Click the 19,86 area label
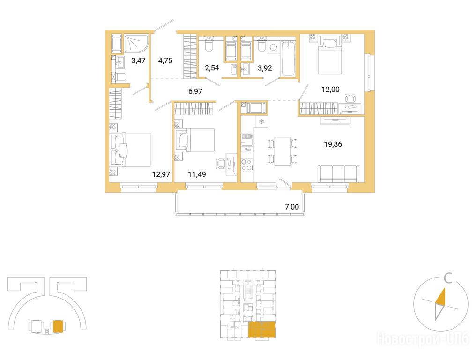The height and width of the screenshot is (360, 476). tap(333, 144)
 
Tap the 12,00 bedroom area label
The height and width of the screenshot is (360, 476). tap(331, 90)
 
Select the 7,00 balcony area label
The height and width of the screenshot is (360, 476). tap(292, 207)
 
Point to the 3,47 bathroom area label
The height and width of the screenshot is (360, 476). tap(138, 60)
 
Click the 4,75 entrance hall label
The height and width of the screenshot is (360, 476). tap(165, 60)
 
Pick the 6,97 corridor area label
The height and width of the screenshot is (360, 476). tap(195, 91)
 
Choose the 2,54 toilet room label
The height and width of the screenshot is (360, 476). tap(212, 68)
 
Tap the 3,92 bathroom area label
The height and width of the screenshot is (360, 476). tap(265, 68)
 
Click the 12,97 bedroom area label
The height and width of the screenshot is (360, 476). tap(161, 174)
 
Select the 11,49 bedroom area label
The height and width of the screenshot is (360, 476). tap(197, 174)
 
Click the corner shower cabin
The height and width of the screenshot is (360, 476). tap(136, 45)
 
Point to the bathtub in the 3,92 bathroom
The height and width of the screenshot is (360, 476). tap(288, 59)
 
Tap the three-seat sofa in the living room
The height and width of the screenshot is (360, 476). tap(338, 174)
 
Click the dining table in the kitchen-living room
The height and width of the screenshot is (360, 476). tap(283, 151)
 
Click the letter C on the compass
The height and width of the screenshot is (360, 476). tap(448, 278)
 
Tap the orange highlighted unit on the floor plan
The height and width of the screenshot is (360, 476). tap(262, 330)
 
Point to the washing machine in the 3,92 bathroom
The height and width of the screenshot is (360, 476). tap(273, 48)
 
